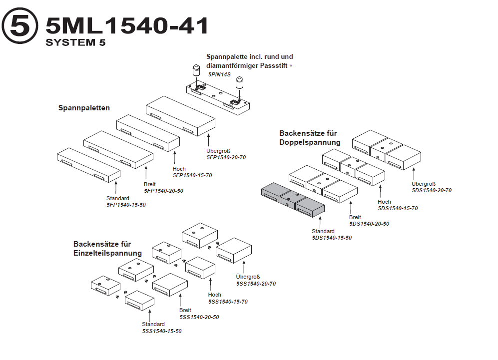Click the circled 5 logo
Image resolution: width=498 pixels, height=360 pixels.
click(20, 26)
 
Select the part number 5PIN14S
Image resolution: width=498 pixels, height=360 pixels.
click(220, 74)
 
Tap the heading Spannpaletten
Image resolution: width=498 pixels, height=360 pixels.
click(84, 108)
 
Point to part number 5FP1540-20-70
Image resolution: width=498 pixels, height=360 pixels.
click(226, 157)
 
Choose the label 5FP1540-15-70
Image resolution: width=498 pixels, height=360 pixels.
click(192, 175)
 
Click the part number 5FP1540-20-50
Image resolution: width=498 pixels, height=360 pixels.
click(163, 191)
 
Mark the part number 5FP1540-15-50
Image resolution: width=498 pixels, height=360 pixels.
click(126, 205)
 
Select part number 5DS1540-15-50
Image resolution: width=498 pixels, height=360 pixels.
click(332, 238)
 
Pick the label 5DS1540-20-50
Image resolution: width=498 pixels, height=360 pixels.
click(369, 224)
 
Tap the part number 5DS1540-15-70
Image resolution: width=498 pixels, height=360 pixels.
click(398, 208)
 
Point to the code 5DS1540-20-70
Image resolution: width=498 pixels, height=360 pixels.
click(432, 190)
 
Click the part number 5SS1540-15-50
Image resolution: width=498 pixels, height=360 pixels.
click(161, 331)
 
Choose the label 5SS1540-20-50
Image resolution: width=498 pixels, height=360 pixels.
click(199, 317)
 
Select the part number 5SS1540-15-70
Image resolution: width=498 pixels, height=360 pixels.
click(228, 302)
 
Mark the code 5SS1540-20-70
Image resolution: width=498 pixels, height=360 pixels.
click(256, 284)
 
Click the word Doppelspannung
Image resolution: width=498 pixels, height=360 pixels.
click(310, 142)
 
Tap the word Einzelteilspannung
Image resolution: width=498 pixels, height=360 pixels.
click(107, 253)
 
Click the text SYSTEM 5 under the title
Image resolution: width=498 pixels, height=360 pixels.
click(75, 42)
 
